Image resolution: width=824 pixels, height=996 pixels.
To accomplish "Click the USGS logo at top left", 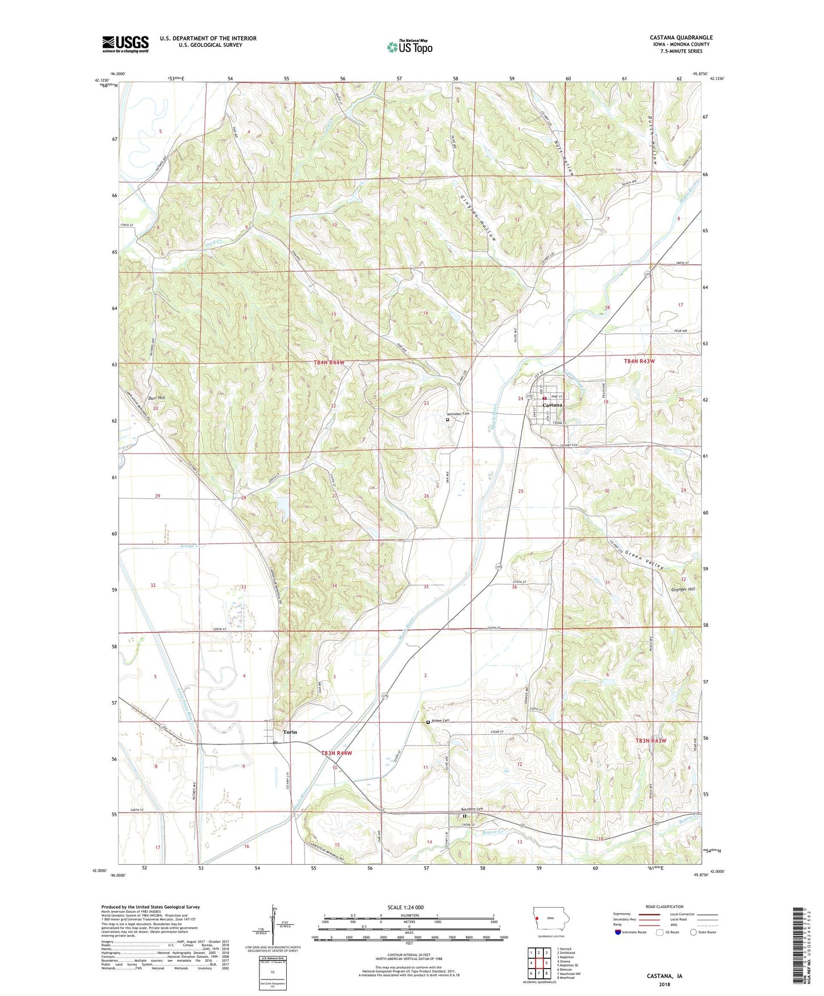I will coord(125,44).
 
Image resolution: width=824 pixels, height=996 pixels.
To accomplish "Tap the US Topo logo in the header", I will coord(409,47).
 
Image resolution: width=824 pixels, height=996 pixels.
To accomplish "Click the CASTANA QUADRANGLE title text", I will coord(681,38).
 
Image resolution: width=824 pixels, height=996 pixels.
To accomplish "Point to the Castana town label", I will coord(552,404).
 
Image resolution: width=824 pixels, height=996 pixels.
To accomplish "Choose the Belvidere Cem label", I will coord(472,809).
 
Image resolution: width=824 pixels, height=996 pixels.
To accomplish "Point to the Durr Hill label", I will coord(156,398).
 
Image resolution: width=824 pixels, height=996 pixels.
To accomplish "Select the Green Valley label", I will coord(644,560).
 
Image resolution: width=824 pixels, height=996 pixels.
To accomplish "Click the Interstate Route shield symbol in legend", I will coord(618,932).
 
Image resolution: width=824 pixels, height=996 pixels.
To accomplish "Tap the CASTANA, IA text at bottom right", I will coord(664,976).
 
